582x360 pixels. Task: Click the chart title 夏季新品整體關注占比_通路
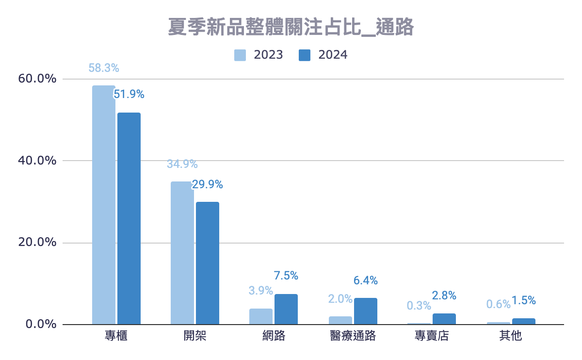(291, 28)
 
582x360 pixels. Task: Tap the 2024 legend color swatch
(304, 55)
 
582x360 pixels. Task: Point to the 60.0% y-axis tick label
(38, 79)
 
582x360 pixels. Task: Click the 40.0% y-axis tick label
(38, 161)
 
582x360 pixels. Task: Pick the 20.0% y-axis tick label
(38, 243)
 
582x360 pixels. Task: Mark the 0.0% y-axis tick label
(41, 324)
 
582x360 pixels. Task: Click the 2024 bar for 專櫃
(129, 218)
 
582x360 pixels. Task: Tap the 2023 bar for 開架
(182, 253)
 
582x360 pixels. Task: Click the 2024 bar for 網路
(286, 309)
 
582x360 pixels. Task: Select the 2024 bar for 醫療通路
(365, 311)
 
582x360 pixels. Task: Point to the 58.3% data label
(103, 68)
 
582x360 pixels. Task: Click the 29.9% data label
(207, 184)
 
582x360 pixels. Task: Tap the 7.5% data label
(286, 276)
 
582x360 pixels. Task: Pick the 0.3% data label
(419, 305)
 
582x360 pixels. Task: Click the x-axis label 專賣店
(432, 336)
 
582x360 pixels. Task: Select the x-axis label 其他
(510, 336)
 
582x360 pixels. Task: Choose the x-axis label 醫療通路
(353, 336)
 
